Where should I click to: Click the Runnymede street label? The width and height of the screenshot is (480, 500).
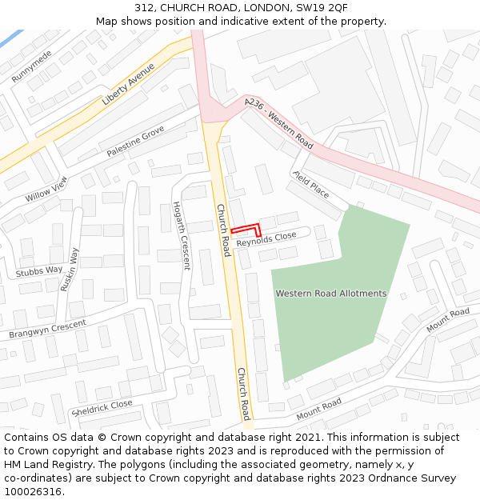pos(32,66)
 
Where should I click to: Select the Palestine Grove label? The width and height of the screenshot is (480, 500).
pos(135,141)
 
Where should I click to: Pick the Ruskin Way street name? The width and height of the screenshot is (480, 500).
pos(70,269)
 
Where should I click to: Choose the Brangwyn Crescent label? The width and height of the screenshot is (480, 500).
pos(47,329)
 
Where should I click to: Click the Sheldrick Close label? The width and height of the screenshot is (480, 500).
pos(102,408)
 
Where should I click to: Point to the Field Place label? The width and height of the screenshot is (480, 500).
pos(310,184)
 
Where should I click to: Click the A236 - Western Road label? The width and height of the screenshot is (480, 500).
pos(279,124)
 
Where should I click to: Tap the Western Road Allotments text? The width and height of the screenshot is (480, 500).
pos(330,294)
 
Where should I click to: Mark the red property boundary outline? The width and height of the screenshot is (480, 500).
pos(246,228)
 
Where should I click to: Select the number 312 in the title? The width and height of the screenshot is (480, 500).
pos(145,7)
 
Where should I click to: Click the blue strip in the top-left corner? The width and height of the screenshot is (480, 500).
pos(10,38)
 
